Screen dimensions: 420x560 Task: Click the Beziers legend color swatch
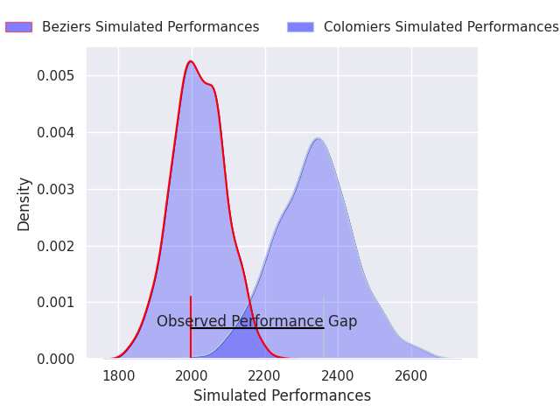pyautogui.click(x=18, y=27)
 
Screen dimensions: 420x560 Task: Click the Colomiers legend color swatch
pyautogui.click(x=300, y=27)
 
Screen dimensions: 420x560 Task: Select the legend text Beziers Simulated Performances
pyautogui.click(x=150, y=27)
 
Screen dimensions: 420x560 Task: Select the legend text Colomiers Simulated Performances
pyautogui.click(x=441, y=27)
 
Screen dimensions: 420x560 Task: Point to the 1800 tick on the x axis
pyautogui.click(x=118, y=376)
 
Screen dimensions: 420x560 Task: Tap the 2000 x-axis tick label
pyautogui.click(x=192, y=376)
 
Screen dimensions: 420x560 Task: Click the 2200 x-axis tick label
pyautogui.click(x=265, y=376)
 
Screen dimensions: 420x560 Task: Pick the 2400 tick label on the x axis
pyautogui.click(x=338, y=376)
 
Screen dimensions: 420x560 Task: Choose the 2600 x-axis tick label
pyautogui.click(x=411, y=376)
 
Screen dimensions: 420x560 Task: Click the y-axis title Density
pyautogui.click(x=24, y=204)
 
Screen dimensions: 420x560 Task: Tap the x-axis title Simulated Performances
pyautogui.click(x=282, y=395)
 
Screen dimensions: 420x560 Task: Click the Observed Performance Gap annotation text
pyautogui.click(x=256, y=321)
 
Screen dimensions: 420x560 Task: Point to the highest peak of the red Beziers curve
pyautogui.click(x=190, y=61)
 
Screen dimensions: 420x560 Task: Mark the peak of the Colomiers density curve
pyautogui.click(x=318, y=138)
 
